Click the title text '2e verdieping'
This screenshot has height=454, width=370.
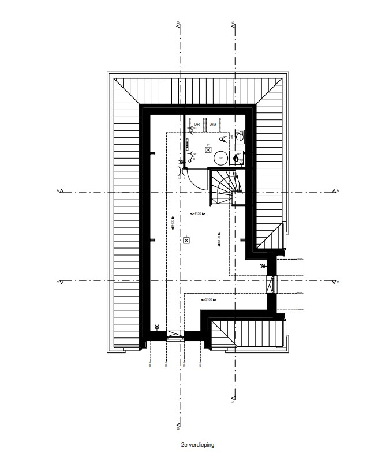click(x=196, y=445)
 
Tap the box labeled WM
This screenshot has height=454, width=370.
click(x=213, y=125)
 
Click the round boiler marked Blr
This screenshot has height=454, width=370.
click(x=220, y=157)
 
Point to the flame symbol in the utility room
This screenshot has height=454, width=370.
click(x=236, y=157)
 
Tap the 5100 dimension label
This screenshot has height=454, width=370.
click(x=208, y=300)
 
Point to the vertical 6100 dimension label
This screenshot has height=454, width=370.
click(x=219, y=239)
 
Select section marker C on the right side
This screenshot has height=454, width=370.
click(x=335, y=282)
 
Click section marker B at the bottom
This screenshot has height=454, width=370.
click(x=233, y=399)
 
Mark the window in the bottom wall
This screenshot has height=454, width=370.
click(x=175, y=334)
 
